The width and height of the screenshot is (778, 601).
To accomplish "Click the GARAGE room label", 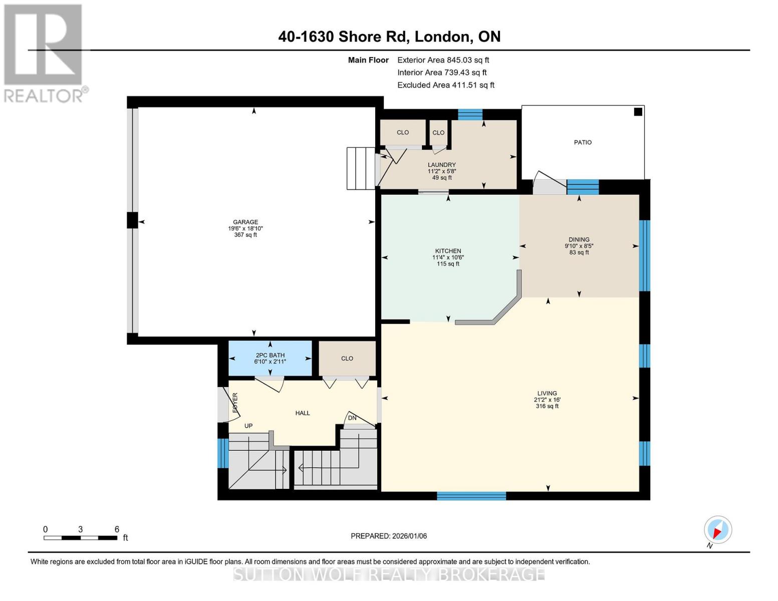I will (245, 222).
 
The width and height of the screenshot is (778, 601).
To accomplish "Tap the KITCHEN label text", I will (448, 251).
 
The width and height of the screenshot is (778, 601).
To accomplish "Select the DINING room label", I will (579, 240).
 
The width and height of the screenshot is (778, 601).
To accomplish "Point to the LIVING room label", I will (547, 394).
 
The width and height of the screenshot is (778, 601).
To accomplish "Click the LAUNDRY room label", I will (442, 165).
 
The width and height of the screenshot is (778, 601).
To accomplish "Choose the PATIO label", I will (583, 143).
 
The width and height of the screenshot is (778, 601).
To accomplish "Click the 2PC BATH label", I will (270, 356).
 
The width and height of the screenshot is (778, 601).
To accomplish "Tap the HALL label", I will (303, 413).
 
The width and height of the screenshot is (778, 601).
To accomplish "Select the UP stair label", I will (248, 426).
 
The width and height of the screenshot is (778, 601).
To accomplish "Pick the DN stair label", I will (352, 418).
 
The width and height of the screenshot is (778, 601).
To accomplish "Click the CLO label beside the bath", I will (347, 359).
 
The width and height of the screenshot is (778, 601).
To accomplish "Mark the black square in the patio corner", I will (638, 112).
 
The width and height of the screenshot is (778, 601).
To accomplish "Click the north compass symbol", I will (718, 530).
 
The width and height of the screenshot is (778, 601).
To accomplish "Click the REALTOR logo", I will (44, 53).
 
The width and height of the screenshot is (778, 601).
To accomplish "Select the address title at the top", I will (389, 37).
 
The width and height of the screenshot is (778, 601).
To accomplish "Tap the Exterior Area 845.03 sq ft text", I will (443, 60).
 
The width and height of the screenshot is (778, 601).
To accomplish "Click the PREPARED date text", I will (389, 536).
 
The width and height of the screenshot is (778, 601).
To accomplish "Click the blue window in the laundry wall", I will (470, 115).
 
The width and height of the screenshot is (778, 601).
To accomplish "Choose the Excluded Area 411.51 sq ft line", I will (446, 85).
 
